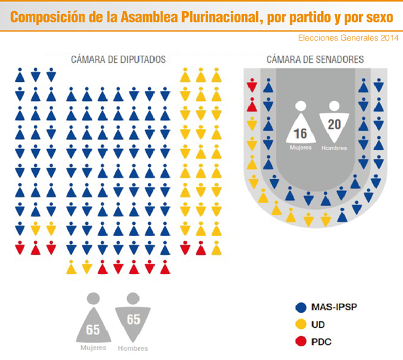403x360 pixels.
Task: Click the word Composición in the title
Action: coord(48,17)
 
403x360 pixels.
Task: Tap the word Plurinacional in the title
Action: coord(221,17)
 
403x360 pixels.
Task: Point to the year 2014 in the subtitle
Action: coord(390,38)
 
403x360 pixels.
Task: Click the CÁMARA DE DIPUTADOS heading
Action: coord(118,60)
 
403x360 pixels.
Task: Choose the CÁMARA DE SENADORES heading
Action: coord(315,60)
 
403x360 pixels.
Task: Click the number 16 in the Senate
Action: coord(300,134)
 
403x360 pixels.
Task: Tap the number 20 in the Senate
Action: coord(334,125)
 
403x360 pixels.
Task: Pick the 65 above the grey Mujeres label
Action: coord(93,330)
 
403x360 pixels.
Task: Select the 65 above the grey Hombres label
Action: coord(134,319)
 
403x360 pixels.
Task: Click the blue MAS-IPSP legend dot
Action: coord(301,308)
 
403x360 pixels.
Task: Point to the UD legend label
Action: coord(318,325)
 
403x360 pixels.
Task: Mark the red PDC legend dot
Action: coord(301,342)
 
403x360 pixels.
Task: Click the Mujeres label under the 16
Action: coord(301,148)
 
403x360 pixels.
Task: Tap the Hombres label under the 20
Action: coord(334,148)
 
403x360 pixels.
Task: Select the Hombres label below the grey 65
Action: coord(133,348)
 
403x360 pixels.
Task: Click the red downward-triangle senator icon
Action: coord(252,85)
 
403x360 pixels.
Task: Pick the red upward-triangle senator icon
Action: coord(252,105)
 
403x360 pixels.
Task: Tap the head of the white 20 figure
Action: coord(334,106)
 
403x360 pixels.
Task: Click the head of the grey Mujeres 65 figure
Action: coord(93,298)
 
